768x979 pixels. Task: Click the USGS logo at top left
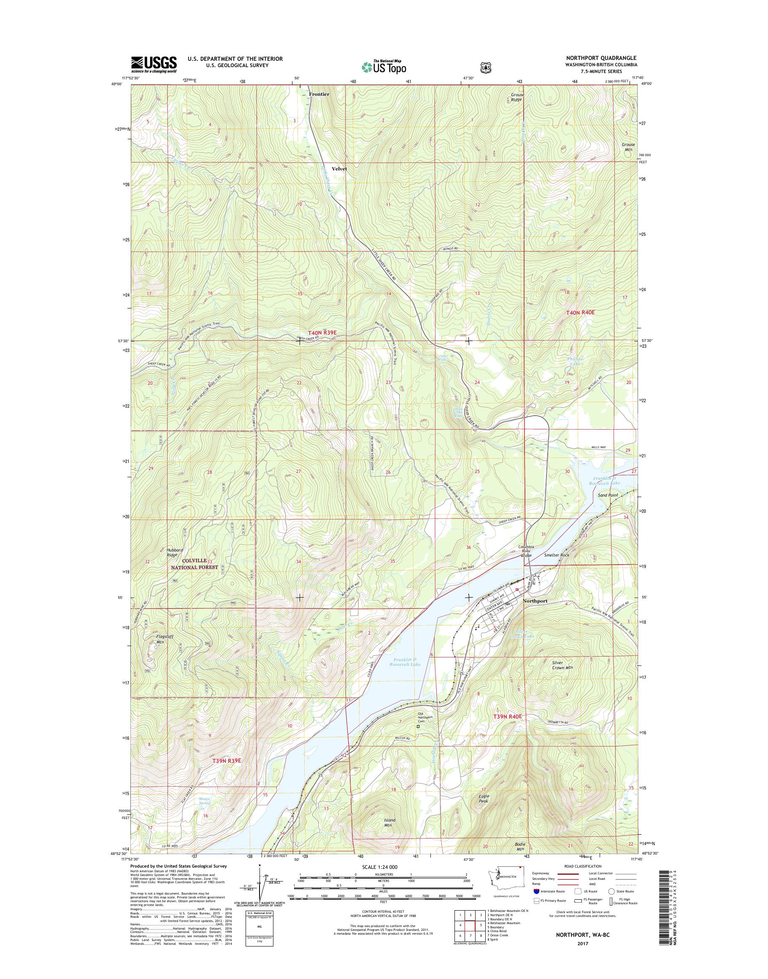154,65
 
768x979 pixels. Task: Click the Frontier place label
319,94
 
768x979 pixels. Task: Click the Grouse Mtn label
628,147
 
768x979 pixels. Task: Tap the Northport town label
535,601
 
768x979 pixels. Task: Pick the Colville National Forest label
194,564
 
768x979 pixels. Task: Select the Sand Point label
608,495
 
